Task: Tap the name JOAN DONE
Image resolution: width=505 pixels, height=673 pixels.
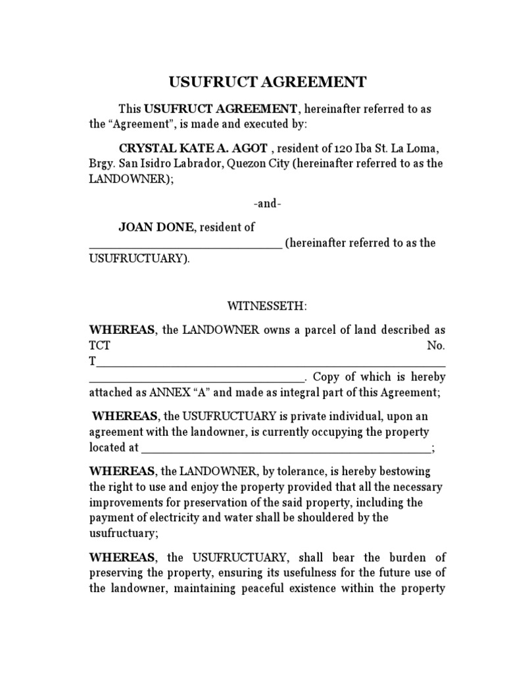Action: (156, 227)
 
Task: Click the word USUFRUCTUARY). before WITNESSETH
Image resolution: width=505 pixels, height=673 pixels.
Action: (139, 259)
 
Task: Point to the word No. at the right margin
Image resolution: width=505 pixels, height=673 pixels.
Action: (436, 346)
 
